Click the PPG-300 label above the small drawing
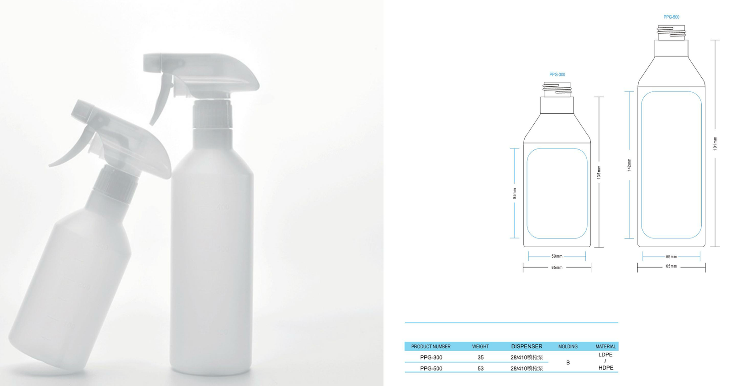557,75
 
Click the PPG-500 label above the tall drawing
671,17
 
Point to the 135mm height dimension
599,172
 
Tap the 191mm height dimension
715,143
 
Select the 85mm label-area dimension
514,194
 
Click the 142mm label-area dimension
629,165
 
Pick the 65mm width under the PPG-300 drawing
557,268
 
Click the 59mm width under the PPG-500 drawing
671,256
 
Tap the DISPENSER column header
527,346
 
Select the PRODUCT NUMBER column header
431,347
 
